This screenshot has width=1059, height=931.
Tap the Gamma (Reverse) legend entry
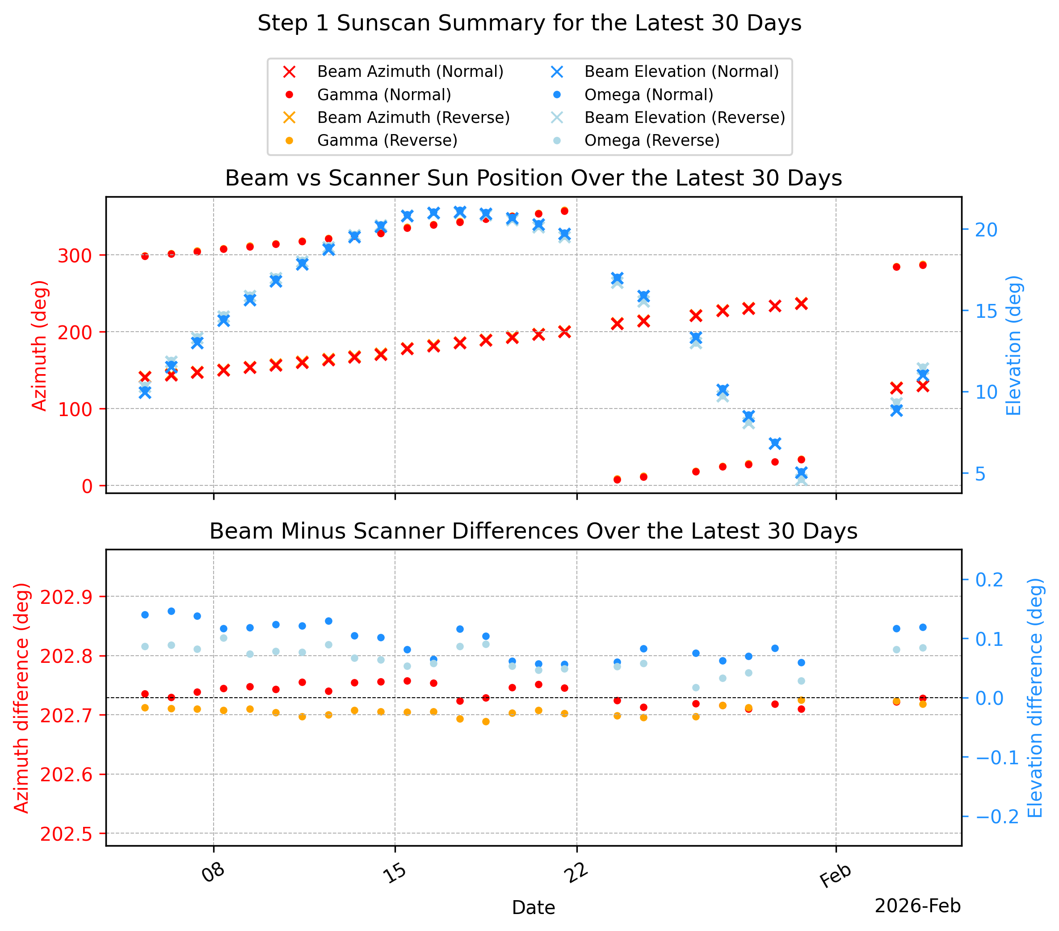tap(371, 140)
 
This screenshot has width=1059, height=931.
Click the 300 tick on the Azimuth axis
tap(75, 256)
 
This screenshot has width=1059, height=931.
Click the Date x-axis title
tap(533, 908)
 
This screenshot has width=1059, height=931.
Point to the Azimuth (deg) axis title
tap(39, 346)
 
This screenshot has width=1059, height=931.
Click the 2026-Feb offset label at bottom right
tap(917, 906)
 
